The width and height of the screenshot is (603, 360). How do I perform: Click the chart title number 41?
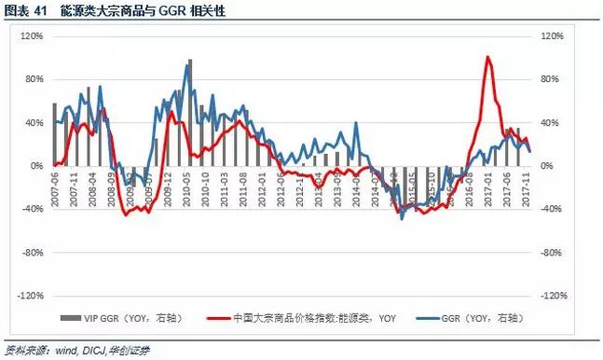(x=42, y=11)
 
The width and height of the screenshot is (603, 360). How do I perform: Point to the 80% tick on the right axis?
(x=553, y=79)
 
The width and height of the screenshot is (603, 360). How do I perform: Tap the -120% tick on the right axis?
(x=555, y=295)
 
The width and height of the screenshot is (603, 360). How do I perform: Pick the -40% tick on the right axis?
(x=555, y=209)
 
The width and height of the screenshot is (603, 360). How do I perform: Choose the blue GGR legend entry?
(x=475, y=317)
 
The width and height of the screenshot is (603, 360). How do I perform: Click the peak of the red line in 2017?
(x=488, y=58)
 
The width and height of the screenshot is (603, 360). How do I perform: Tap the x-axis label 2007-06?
(x=55, y=185)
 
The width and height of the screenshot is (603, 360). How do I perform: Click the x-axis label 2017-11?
(x=529, y=185)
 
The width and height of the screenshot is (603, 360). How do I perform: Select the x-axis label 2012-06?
(x=281, y=185)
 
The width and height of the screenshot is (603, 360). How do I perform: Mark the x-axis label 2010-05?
(x=190, y=185)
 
